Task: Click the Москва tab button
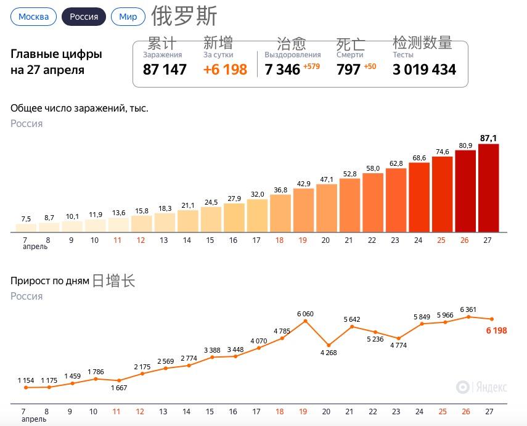pos(33,17)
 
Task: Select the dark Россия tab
pos(84,17)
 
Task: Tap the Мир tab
pos(128,17)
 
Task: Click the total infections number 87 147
pos(165,70)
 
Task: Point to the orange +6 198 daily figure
pos(225,70)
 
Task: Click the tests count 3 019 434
pos(424,70)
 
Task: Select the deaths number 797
pos(348,70)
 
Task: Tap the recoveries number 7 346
pos(282,70)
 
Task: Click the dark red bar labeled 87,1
pos(488,188)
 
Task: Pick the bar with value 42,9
pos(303,210)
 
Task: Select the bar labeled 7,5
pos(26,228)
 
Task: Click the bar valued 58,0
pos(373,203)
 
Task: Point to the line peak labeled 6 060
pos(304,321)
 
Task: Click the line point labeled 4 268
pos(328,345)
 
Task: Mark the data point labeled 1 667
pos(118,380)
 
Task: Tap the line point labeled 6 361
pos(468,317)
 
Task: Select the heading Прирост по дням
pos(49,281)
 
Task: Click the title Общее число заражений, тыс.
pos(79,109)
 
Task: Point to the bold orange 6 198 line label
pos(496,330)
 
